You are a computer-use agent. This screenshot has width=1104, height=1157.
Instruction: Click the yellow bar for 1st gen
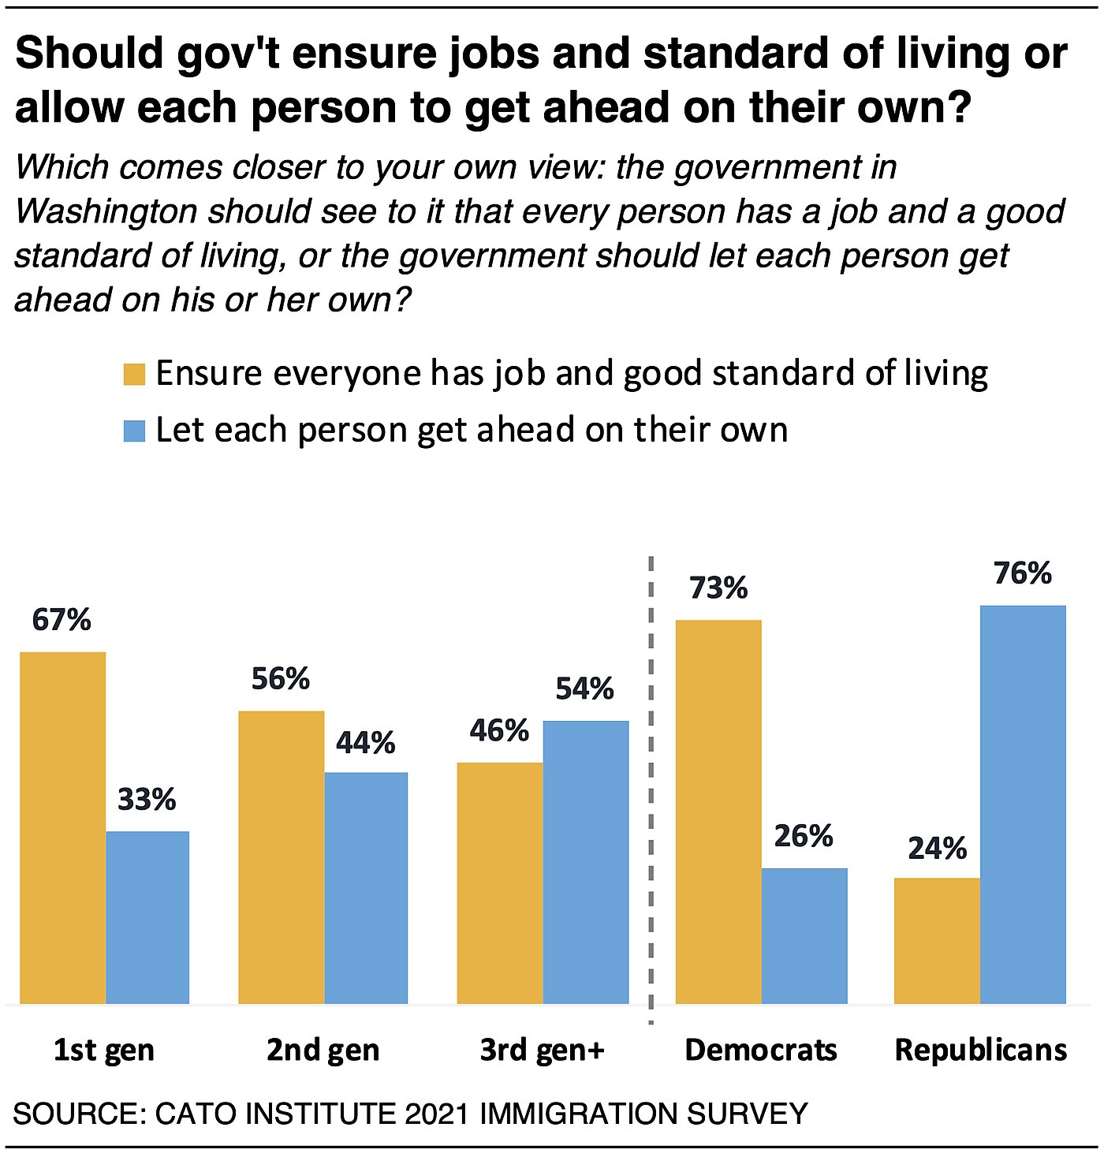(x=62, y=827)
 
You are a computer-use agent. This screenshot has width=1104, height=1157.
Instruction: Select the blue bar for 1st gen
(x=147, y=917)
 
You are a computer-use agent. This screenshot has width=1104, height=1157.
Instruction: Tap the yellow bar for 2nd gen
(x=281, y=857)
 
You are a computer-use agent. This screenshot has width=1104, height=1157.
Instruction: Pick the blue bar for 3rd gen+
(x=586, y=862)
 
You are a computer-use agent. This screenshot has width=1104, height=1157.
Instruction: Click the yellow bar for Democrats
(x=718, y=812)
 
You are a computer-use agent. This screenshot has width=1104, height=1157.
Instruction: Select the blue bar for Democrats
(x=804, y=935)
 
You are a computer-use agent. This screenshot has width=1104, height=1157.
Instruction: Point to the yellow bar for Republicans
(x=937, y=940)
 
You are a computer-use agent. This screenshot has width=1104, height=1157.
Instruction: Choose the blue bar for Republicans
(x=1023, y=804)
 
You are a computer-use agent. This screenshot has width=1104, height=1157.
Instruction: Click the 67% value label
(x=62, y=621)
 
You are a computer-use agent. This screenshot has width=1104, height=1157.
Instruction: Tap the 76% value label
(x=1023, y=574)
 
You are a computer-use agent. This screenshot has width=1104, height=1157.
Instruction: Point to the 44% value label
(x=365, y=743)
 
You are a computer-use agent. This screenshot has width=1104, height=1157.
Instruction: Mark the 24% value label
(x=937, y=849)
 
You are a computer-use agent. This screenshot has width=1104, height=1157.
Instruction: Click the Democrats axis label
(x=761, y=1051)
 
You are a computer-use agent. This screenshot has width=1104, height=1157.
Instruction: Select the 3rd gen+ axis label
(x=543, y=1051)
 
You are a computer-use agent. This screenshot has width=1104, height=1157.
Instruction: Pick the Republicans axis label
(x=981, y=1051)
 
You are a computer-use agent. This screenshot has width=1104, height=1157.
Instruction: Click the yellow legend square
(x=135, y=374)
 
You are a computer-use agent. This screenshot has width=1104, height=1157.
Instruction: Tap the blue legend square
(x=135, y=431)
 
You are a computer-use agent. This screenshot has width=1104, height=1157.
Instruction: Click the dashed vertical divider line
(x=651, y=789)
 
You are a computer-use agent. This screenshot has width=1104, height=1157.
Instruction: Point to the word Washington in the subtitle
(x=106, y=211)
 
